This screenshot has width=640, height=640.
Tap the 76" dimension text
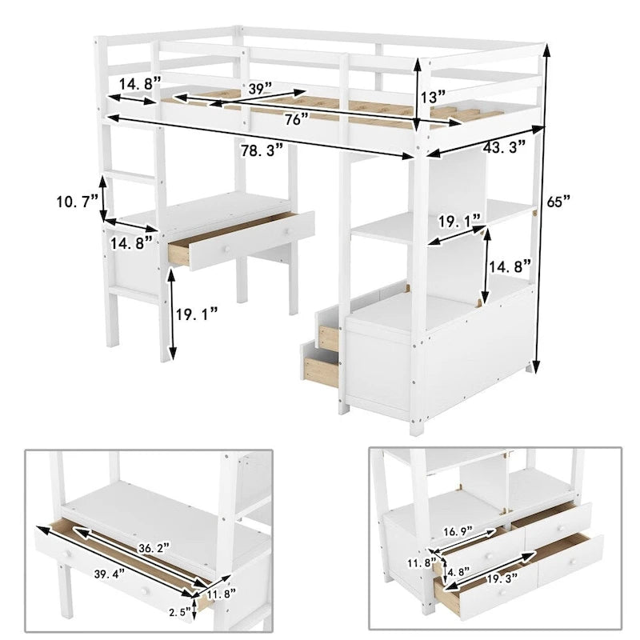[296, 119]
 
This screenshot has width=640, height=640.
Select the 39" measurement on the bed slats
[258, 90]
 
